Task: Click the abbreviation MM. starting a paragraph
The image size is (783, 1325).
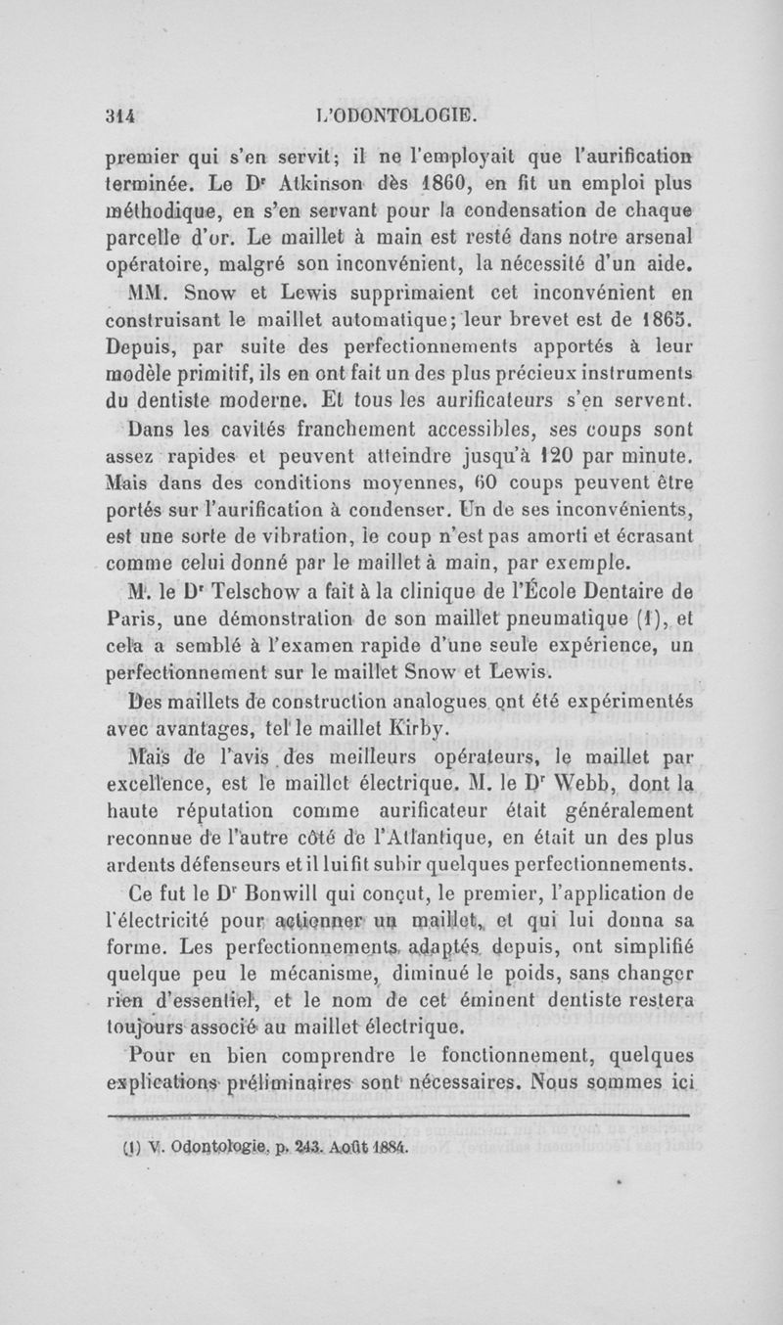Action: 137,293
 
